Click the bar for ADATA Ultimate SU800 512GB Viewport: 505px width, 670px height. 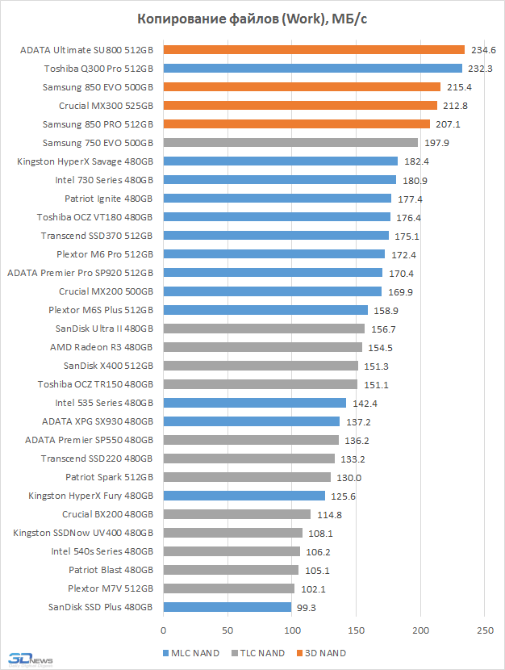tap(314, 50)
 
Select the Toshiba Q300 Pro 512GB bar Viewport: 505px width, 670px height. tap(312, 69)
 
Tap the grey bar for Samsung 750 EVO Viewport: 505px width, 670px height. tap(290, 143)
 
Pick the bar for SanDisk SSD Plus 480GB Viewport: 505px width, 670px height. tap(227, 607)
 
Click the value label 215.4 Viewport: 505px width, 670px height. tap(461, 87)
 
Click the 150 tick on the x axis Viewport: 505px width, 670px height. tap(356, 630)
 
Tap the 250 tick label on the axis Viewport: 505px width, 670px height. tap(484, 630)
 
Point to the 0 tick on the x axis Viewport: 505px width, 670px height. tap(163, 630)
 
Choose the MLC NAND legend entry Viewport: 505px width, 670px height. tap(191, 652)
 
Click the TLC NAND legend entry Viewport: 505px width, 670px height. tap(258, 652)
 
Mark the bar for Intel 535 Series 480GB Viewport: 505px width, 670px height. tap(254, 403)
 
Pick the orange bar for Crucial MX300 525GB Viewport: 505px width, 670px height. tap(300, 106)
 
